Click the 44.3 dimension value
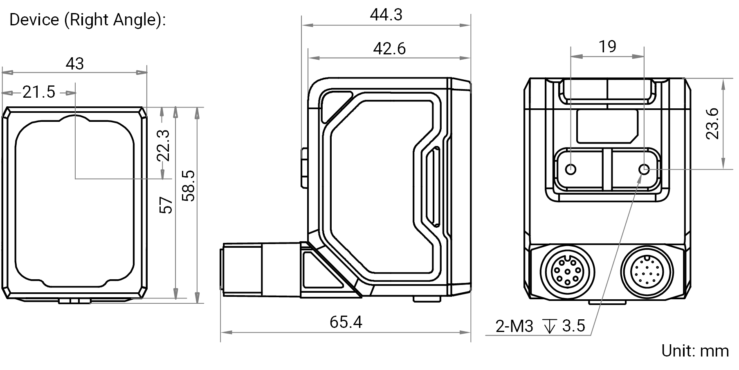[386, 15]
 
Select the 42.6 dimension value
[389, 49]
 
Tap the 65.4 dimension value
[346, 322]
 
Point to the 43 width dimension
[75, 63]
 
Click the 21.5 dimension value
[39, 92]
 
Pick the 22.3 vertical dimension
[164, 146]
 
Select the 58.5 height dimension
[189, 186]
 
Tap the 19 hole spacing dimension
[607, 47]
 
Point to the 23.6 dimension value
[712, 123]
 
